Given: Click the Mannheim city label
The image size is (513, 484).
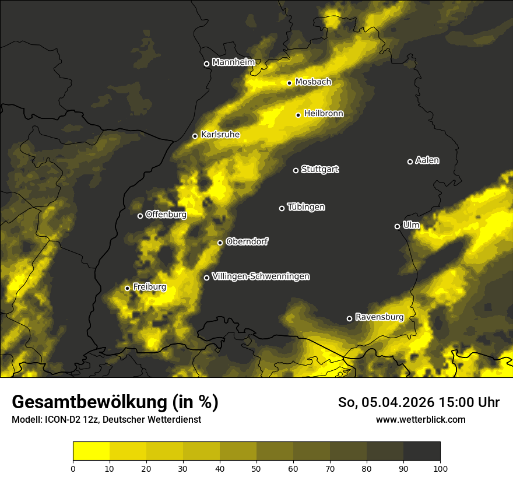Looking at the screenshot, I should pos(233,62).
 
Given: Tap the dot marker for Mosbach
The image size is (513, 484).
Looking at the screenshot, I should pos(289,83).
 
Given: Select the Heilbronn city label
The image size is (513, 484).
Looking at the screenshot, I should pos(324,114).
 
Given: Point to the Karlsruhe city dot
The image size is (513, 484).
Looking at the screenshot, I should pos(195,136).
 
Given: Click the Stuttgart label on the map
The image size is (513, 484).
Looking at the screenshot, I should pos(319,170).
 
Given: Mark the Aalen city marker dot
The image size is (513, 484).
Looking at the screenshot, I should pos(410,162).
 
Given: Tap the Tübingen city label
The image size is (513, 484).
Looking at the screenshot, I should pos(306,208).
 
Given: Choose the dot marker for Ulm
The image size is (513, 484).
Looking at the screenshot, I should pos(397,226).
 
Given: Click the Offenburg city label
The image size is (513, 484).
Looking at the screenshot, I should pos(166,215).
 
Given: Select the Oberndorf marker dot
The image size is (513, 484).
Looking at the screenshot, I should pos(220,243).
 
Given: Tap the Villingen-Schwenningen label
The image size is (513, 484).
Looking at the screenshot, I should pos(261,276).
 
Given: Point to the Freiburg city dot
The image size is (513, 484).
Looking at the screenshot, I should pos(127,288).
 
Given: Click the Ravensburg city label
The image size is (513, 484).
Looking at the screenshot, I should pos(379,317).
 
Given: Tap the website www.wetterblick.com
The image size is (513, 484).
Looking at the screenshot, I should pos(420,419).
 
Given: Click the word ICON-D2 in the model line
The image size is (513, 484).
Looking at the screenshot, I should pos(61,419).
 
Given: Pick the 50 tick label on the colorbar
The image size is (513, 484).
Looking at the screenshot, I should pos(256,468).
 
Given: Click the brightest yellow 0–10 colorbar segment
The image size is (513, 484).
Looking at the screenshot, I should pos(91,451).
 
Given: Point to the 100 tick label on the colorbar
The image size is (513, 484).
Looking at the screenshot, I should pos(440,468).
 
